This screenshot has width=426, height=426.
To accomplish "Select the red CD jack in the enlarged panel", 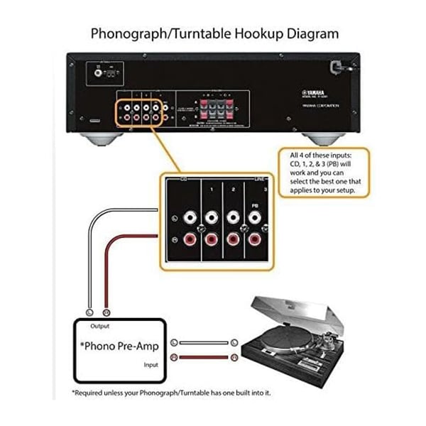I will pyautogui.click(x=190, y=239).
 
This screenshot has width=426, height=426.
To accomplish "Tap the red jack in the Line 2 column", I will pyautogui.click(x=233, y=239).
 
